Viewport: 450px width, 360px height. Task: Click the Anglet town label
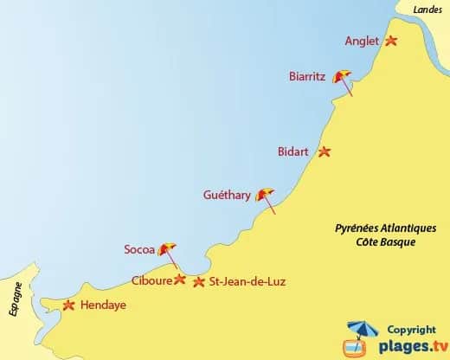pyautogui.click(x=362, y=41)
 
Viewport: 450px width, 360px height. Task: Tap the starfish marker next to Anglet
pyautogui.click(x=391, y=41)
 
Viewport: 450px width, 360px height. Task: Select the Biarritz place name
pyautogui.click(x=307, y=76)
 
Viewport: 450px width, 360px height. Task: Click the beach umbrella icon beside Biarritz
pyautogui.click(x=344, y=79)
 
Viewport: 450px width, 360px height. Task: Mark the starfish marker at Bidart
pyautogui.click(x=325, y=151)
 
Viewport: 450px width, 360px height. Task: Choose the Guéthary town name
pyautogui.click(x=226, y=196)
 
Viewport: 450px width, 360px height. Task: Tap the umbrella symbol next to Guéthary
pyautogui.click(x=266, y=196)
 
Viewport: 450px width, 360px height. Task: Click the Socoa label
pyautogui.click(x=139, y=250)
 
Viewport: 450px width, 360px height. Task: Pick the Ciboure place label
pyautogui.click(x=151, y=280)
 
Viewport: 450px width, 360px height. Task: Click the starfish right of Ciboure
pyautogui.click(x=180, y=280)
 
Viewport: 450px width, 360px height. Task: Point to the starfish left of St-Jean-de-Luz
pyautogui.click(x=200, y=281)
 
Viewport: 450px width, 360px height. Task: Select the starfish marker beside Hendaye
pyautogui.click(x=69, y=304)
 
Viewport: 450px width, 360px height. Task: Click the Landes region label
pyautogui.click(x=427, y=9)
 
